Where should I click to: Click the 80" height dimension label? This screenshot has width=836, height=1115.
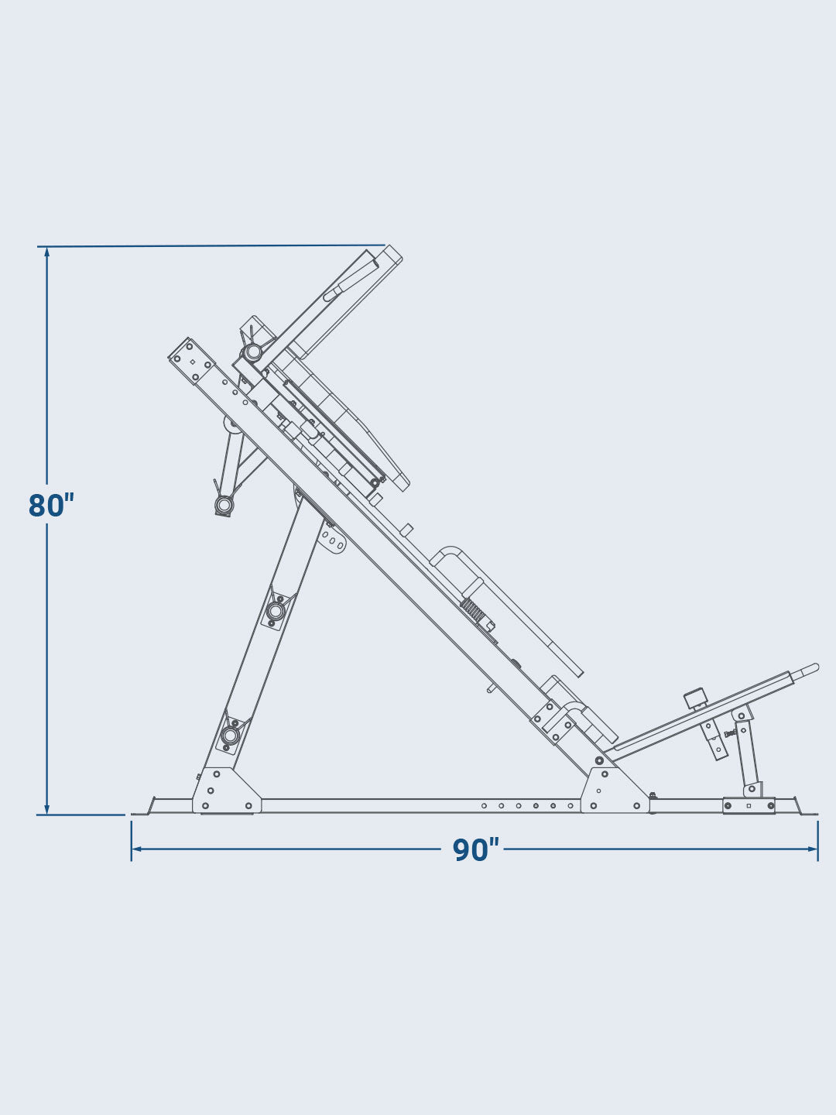(51, 505)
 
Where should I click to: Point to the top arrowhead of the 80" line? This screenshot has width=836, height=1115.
(46, 252)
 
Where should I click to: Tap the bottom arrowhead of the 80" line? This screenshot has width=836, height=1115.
(46, 808)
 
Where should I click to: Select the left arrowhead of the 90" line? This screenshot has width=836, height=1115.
(137, 849)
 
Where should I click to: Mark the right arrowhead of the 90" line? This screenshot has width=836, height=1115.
(812, 849)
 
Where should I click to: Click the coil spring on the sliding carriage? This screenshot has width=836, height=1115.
(471, 609)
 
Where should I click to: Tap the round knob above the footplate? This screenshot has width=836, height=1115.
(695, 698)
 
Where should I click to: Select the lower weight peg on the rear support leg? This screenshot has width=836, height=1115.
(229, 735)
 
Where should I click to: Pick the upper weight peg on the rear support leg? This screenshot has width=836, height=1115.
(276, 609)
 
